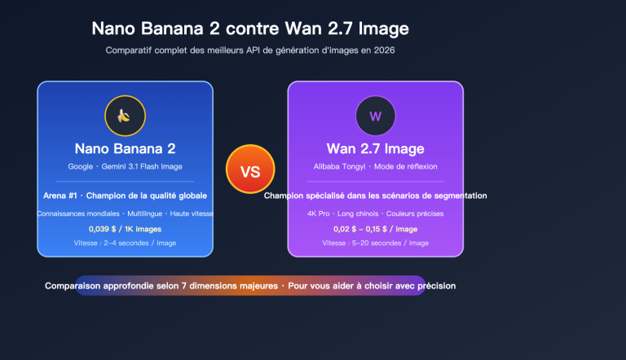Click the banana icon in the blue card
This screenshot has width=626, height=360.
[x=125, y=116]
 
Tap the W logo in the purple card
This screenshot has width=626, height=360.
[x=375, y=116]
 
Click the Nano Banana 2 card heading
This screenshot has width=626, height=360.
[x=125, y=149]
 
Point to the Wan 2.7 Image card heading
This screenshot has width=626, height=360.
[x=375, y=149]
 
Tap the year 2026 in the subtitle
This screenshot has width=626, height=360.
[x=384, y=50]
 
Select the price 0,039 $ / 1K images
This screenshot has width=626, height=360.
[x=125, y=229]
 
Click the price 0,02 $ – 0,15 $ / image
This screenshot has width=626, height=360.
[x=375, y=229]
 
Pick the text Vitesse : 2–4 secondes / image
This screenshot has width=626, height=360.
[x=125, y=243]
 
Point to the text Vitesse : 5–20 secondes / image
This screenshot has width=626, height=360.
[x=375, y=243]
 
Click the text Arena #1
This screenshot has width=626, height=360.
[x=60, y=195]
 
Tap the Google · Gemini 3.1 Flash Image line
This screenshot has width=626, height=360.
[x=125, y=166]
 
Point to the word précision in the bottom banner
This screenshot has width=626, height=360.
[x=434, y=286]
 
